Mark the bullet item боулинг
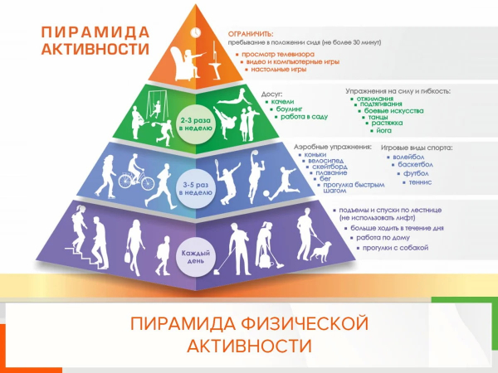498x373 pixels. click(288, 109)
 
